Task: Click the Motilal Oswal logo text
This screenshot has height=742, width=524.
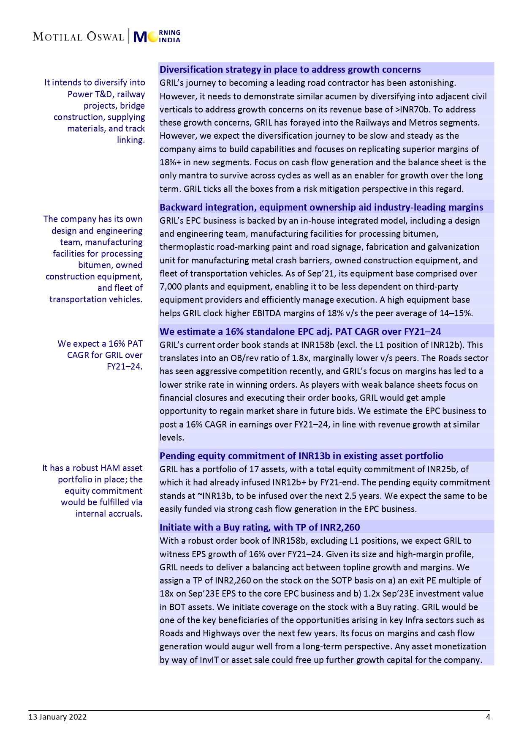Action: (x=78, y=37)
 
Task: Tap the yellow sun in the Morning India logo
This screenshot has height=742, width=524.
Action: (x=153, y=37)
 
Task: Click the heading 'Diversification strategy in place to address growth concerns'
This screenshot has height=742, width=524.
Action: (x=290, y=69)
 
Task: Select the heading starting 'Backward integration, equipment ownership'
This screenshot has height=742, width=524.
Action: (x=321, y=207)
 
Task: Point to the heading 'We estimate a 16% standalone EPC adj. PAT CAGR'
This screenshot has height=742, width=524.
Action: (x=300, y=331)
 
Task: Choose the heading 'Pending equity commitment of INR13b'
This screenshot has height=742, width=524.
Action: (x=301, y=456)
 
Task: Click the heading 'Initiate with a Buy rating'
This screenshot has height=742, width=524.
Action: (x=259, y=527)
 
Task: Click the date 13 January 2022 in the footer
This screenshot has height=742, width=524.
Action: (x=57, y=717)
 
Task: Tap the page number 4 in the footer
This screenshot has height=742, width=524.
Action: (x=488, y=717)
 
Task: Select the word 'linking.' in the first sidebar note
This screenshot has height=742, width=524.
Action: (x=131, y=140)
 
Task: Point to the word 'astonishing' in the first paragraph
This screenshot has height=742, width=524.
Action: (x=428, y=83)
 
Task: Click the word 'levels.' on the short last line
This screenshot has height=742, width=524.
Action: (x=172, y=438)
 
